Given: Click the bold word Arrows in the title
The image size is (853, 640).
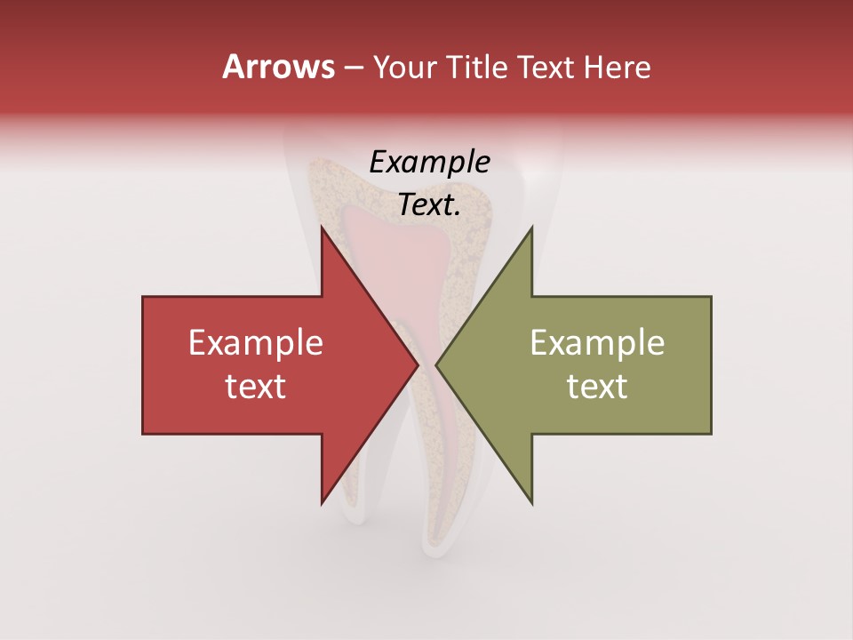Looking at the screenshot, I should pos(278,67).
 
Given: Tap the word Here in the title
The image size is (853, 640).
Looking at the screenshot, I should pos(618,67).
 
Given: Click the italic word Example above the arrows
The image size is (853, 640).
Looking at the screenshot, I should pos(429,163).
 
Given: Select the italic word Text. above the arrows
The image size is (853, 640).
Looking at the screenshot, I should pos(429,205).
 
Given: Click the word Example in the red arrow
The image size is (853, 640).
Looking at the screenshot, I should pos(255,343).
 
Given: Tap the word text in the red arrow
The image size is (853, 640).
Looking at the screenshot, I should pos(255,387).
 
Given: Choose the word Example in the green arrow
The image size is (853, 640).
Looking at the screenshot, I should pos(597,343).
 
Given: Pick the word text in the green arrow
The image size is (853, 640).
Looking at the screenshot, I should pos(597,387).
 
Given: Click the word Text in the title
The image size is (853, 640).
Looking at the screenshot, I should pos(546,67).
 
